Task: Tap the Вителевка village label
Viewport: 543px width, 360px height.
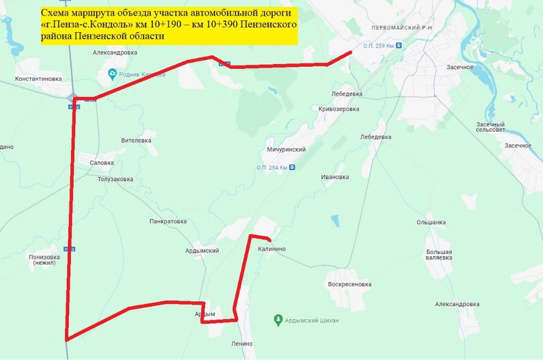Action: [x=136, y=140]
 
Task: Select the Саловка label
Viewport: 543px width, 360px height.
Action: [x=102, y=163]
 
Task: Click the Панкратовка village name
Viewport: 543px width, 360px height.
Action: [x=168, y=221]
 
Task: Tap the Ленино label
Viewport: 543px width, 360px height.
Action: [x=242, y=343]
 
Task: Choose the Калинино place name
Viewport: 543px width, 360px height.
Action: [x=271, y=249]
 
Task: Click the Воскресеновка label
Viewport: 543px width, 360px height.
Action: [x=349, y=284]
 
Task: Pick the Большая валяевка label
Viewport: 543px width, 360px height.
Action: [x=439, y=255]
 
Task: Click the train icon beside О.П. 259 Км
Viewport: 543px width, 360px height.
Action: [x=398, y=46]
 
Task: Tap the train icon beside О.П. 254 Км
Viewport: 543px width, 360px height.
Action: [x=292, y=167]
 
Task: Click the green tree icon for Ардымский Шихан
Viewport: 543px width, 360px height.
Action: [x=278, y=320]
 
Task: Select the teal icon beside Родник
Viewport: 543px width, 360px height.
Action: [x=112, y=74]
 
